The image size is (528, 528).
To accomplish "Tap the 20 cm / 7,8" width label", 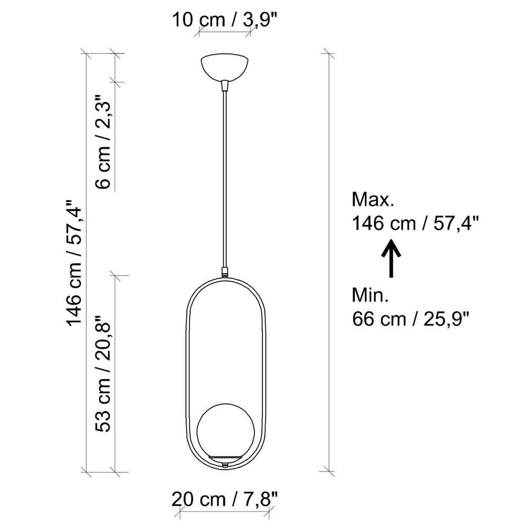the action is [224, 499].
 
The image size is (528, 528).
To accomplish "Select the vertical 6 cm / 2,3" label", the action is [103, 142].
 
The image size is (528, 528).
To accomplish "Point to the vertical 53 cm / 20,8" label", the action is [103, 374].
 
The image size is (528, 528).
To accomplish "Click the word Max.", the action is [373, 200].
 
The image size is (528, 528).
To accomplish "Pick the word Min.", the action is [370, 295].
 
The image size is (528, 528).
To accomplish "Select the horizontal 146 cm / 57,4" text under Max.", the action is [415, 223].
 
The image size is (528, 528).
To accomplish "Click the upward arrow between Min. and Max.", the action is [391, 258].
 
